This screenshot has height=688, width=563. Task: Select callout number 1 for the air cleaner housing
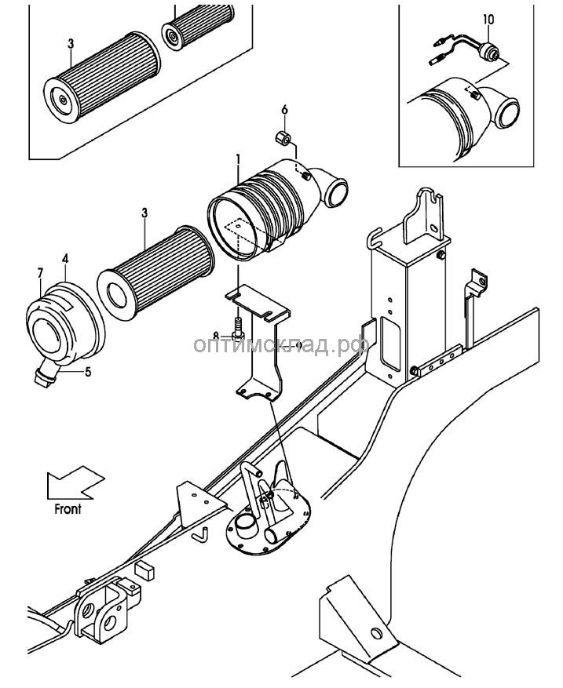(237, 158)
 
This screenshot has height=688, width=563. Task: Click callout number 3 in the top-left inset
(70, 44)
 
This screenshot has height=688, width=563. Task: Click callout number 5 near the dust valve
(88, 372)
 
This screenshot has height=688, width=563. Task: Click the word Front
(68, 508)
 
